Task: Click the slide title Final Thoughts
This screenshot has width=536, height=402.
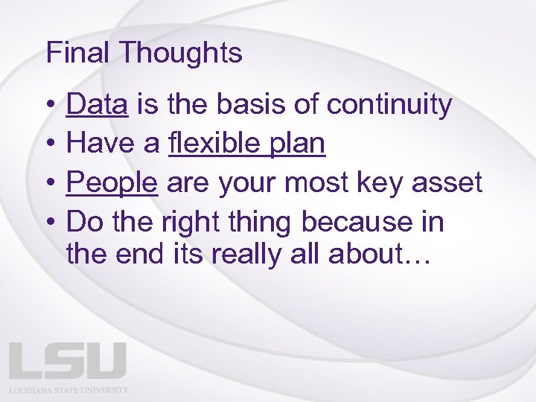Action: pos(144,54)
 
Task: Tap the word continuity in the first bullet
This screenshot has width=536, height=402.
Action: pos(389,105)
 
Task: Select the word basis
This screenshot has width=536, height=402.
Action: pos(252,105)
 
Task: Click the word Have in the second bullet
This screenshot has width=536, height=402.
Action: pos(98,144)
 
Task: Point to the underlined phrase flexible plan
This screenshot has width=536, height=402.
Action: pos(247,144)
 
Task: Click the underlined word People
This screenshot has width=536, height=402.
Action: pos(112,182)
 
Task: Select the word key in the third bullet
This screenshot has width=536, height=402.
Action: pos(383,182)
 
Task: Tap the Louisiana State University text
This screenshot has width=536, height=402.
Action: pos(68,389)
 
